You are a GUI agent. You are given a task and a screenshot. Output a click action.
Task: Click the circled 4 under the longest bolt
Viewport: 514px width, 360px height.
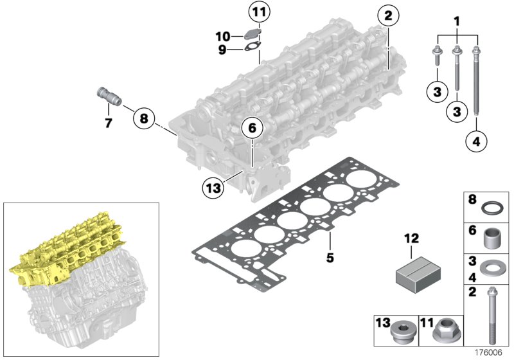click(x=476, y=142)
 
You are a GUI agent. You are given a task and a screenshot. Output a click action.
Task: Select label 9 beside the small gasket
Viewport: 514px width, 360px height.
click(x=222, y=50)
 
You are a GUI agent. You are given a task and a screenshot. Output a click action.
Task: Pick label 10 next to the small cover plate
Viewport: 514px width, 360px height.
click(x=222, y=35)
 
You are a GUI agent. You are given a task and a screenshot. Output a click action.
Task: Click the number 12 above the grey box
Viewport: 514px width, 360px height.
click(x=411, y=239)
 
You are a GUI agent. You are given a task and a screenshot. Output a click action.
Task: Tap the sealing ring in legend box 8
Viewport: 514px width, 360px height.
click(x=493, y=208)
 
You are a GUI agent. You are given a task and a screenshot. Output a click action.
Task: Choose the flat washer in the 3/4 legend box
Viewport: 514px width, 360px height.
click(x=493, y=268)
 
